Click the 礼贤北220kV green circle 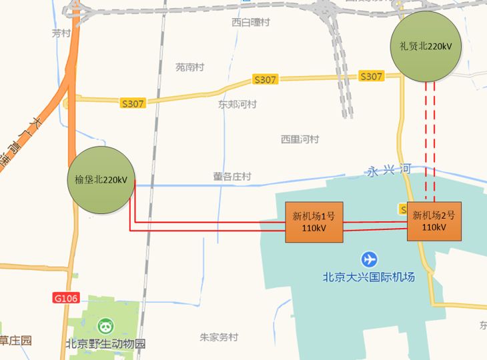click(426, 45)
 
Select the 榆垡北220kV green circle click(101, 180)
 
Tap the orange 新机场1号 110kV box click(314, 222)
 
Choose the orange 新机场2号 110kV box click(434, 221)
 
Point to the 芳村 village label click(61, 33)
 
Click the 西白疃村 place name click(251, 22)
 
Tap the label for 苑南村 click(189, 67)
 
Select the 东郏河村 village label click(237, 104)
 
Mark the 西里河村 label click(300, 139)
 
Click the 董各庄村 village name click(232, 177)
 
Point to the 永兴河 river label click(388, 171)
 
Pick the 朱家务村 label click(219, 337)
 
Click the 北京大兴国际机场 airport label click(368, 277)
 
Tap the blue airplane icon click(368, 259)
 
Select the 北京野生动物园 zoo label click(105, 345)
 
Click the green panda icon click(106, 327)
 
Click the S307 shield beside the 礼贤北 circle click(371, 77)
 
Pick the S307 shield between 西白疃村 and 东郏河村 click(265, 80)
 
